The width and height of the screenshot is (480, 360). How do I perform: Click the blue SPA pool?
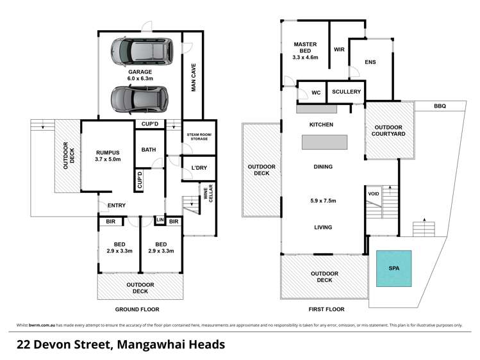click(x=393, y=268)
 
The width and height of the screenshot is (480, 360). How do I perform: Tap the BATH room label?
click(x=149, y=150)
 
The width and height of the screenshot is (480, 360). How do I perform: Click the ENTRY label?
click(x=116, y=205)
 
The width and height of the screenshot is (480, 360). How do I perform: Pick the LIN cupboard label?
click(x=160, y=220)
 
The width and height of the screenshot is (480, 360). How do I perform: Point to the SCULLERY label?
click(x=346, y=92)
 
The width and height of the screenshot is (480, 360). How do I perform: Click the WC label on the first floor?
click(x=315, y=93)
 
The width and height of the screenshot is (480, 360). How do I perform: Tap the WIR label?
click(x=339, y=49)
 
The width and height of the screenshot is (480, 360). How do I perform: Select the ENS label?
click(x=370, y=62)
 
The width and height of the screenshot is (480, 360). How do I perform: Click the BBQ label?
click(x=439, y=106)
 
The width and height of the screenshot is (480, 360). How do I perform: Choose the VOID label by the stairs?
click(x=373, y=194)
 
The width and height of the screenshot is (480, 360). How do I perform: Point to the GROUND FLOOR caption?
click(x=140, y=309)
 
